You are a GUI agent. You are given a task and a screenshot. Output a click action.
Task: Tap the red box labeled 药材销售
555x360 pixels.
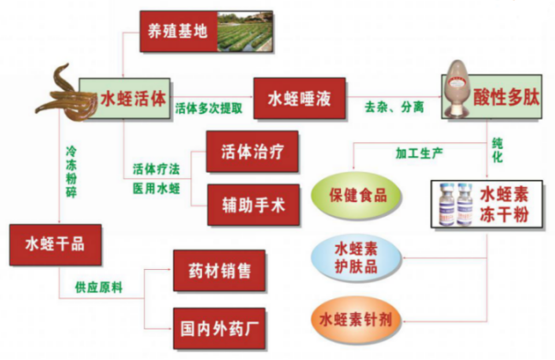(x=219, y=271)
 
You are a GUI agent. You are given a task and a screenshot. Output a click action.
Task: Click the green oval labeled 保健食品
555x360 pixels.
(x=353, y=195)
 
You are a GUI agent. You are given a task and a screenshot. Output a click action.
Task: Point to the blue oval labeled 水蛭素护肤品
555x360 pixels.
(x=357, y=255)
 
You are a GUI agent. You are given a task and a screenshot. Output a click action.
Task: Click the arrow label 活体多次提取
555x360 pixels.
(x=209, y=108)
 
